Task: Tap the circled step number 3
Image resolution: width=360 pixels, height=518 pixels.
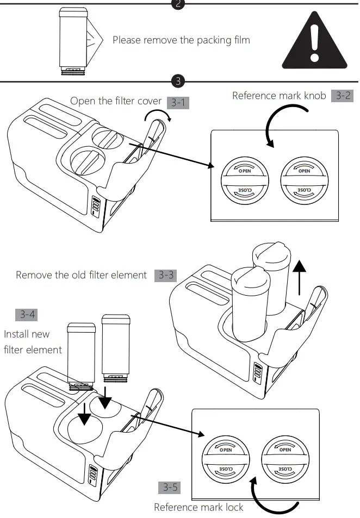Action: pos(178,82)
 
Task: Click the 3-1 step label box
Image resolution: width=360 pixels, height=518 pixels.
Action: pos(178,102)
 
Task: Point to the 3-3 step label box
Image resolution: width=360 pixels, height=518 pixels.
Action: pos(165,275)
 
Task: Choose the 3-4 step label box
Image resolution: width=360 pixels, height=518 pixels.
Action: pos(27,314)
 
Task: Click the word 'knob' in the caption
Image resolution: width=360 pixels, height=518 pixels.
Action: pos(312,96)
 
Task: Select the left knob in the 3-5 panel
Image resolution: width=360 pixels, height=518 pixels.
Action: pos(225,459)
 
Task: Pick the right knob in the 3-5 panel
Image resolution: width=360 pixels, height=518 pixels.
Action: pos(285,459)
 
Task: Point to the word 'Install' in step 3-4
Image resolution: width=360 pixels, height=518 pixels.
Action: pos(18,334)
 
